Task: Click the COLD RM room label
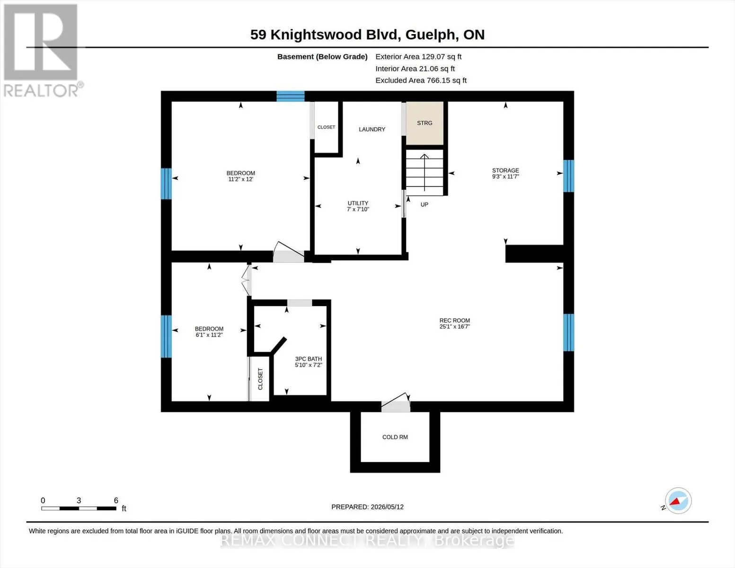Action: click(x=395, y=437)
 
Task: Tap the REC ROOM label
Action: click(x=455, y=320)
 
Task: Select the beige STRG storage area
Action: click(x=425, y=123)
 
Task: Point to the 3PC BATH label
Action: click(x=308, y=359)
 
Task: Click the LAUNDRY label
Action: click(x=372, y=129)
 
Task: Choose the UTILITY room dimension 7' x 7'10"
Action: click(x=358, y=209)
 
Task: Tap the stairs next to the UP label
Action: click(x=425, y=173)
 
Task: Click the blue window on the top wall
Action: click(x=291, y=97)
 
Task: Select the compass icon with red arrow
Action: click(x=678, y=501)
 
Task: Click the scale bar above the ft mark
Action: click(x=79, y=508)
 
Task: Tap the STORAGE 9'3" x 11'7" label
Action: click(x=505, y=173)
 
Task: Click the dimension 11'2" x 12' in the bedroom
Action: click(x=240, y=179)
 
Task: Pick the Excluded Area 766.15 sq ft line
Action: click(x=421, y=80)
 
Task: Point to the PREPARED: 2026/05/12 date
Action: click(x=367, y=507)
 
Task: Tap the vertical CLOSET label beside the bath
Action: click(x=260, y=379)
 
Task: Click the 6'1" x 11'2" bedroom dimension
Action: click(x=209, y=335)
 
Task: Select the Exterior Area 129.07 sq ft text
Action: click(x=418, y=57)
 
